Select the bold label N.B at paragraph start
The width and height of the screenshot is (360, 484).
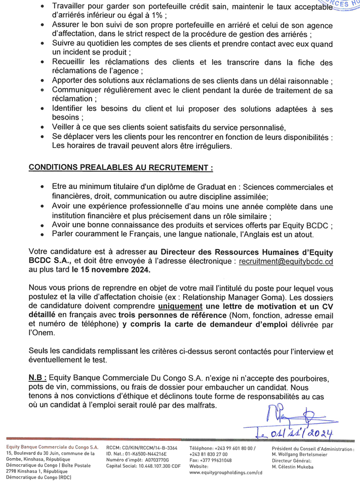[x=38, y=378]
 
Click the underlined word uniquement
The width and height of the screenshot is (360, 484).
[x=183, y=307]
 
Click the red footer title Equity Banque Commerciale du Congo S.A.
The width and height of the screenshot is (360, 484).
[x=52, y=449]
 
